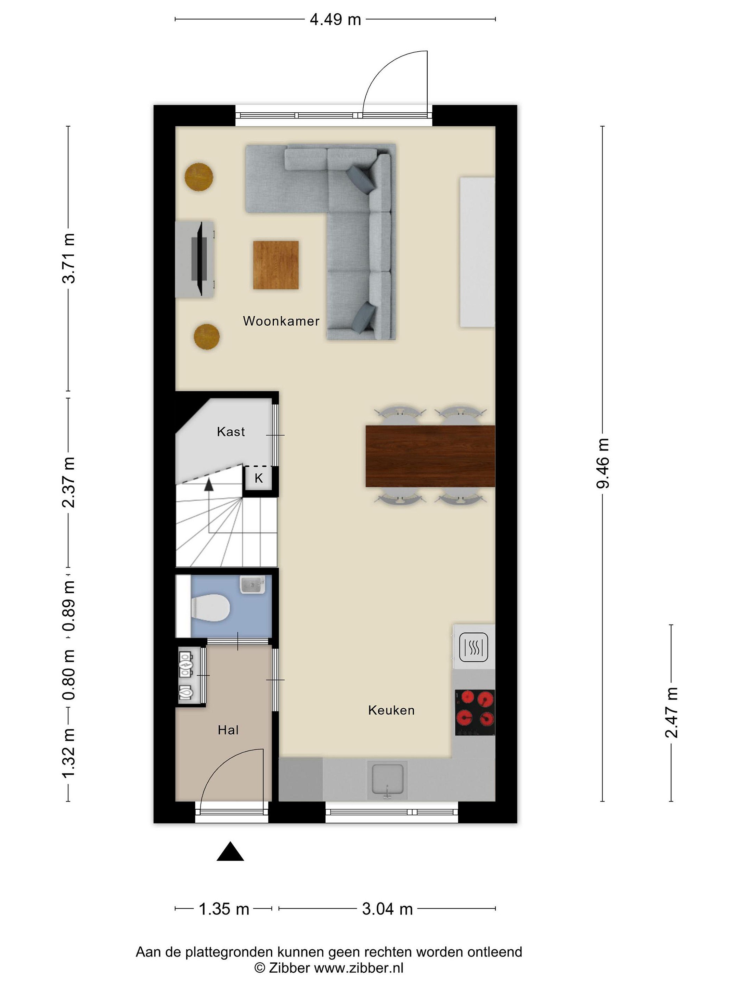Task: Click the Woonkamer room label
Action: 281,321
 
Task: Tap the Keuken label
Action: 391,710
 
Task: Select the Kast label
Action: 231,431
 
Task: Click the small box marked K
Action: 259,478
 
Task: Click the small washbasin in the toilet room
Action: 252,584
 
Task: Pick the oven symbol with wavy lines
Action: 474,647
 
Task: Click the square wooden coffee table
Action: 276,265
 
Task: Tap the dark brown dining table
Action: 430,456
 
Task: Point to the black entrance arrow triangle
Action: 230,851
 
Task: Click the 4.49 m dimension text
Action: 335,20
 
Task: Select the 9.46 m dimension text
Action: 603,464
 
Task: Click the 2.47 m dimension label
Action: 671,712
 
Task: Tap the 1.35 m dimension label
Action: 224,909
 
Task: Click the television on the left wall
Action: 199,258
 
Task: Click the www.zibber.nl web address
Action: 359,968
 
